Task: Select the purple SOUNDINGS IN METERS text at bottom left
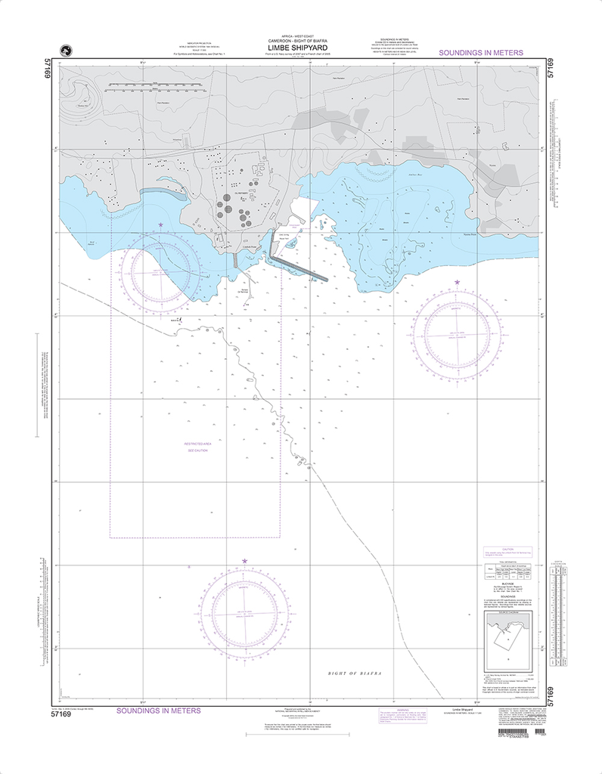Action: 158,711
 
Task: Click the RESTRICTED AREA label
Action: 197,444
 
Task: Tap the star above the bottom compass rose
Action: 244,561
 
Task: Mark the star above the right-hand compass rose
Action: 457,283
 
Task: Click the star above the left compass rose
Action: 160,224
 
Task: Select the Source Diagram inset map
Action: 508,639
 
